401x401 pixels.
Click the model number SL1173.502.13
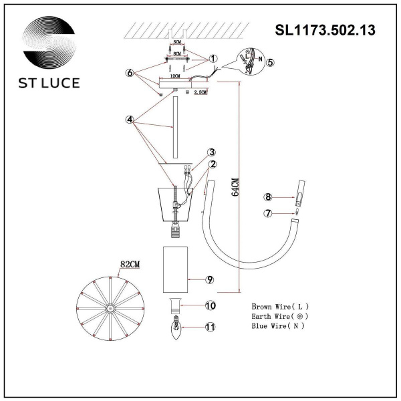[325, 30]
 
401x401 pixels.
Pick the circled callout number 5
[270, 62]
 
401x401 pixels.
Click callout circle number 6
[131, 72]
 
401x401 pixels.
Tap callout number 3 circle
[211, 152]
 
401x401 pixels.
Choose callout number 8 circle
[267, 197]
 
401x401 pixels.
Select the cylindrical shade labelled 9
[178, 269]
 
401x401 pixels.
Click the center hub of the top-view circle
[108, 309]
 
